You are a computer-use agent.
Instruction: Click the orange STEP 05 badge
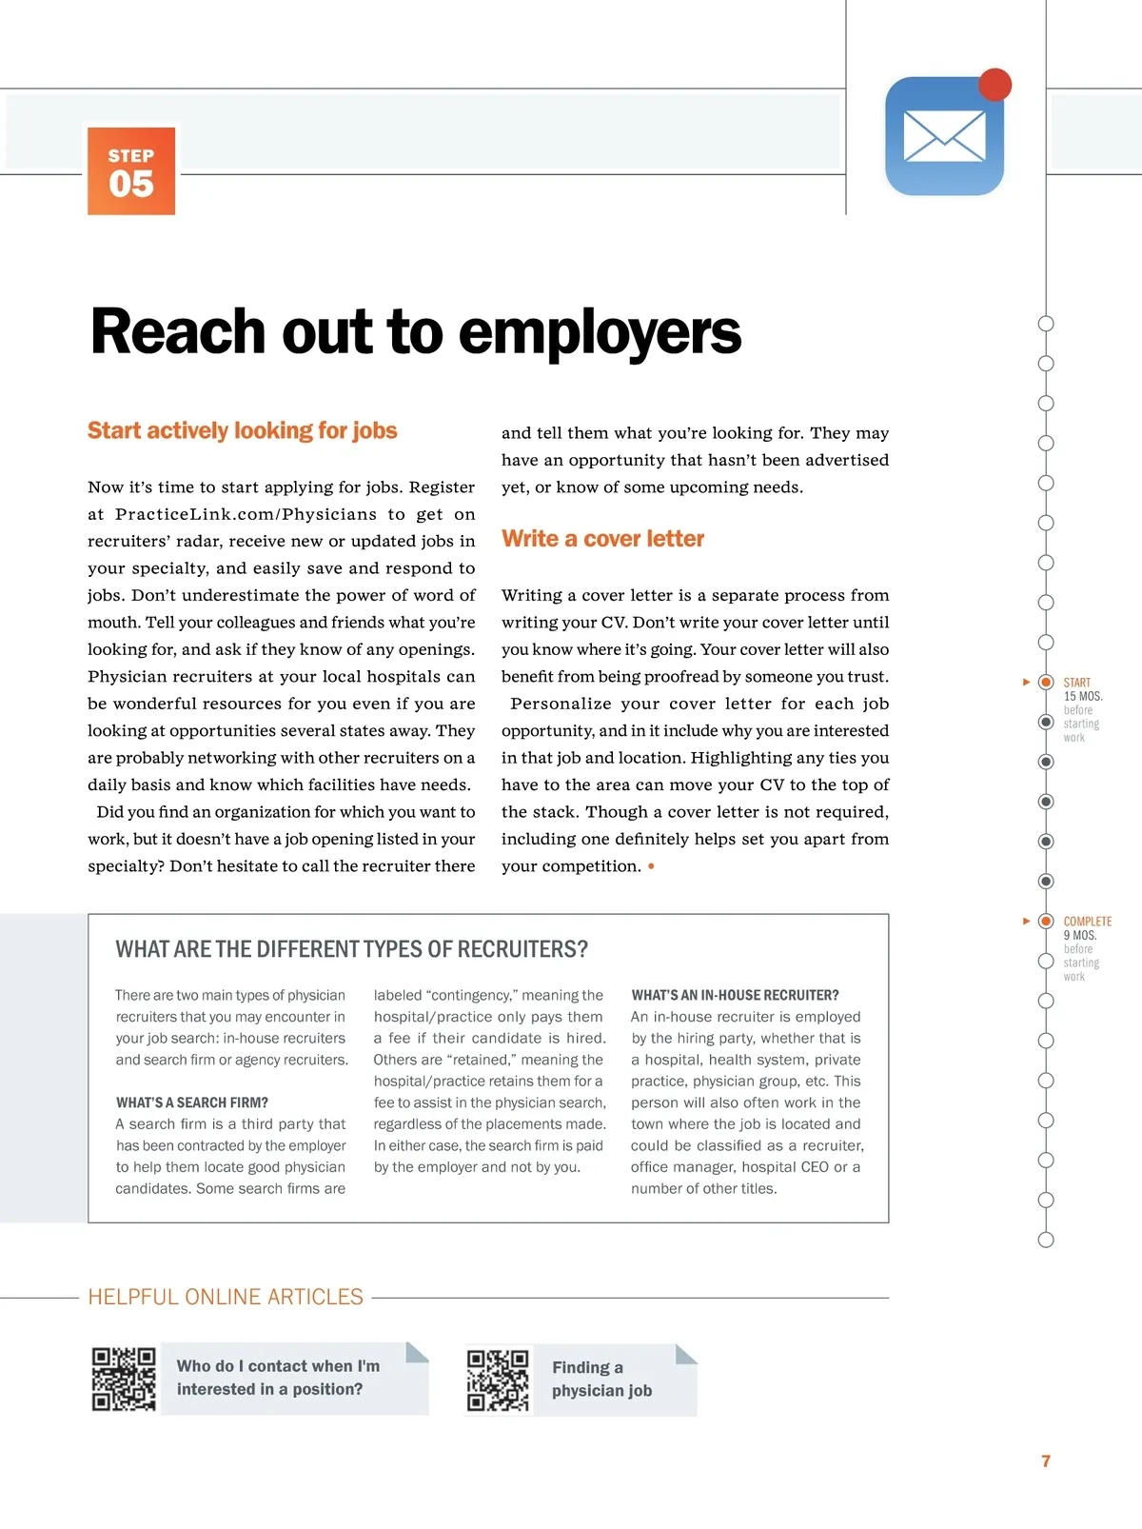point(131,171)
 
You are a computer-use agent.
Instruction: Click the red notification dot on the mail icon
point(994,85)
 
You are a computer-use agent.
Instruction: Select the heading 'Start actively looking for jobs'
point(243,430)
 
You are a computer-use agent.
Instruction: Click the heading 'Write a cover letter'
point(602,539)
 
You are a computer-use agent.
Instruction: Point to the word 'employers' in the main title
point(600,333)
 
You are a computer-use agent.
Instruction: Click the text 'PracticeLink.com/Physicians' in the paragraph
point(246,514)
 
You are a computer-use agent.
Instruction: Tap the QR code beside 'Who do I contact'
point(124,1379)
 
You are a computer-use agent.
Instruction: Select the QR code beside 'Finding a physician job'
point(498,1380)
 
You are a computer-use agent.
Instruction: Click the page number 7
point(1046,1460)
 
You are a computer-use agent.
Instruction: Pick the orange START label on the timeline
point(1077,683)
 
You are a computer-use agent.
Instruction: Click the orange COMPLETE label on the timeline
point(1088,922)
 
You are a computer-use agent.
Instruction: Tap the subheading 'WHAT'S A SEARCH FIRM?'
point(192,1102)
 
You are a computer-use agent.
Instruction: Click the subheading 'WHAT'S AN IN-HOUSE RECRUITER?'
point(735,995)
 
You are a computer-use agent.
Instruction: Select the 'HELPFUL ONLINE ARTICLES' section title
point(226,1297)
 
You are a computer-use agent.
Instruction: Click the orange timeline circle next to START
point(1046,683)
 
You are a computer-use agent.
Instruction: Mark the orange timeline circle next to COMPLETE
point(1046,921)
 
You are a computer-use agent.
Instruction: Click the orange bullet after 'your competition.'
point(651,866)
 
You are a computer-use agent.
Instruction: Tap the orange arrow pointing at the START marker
point(1026,682)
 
